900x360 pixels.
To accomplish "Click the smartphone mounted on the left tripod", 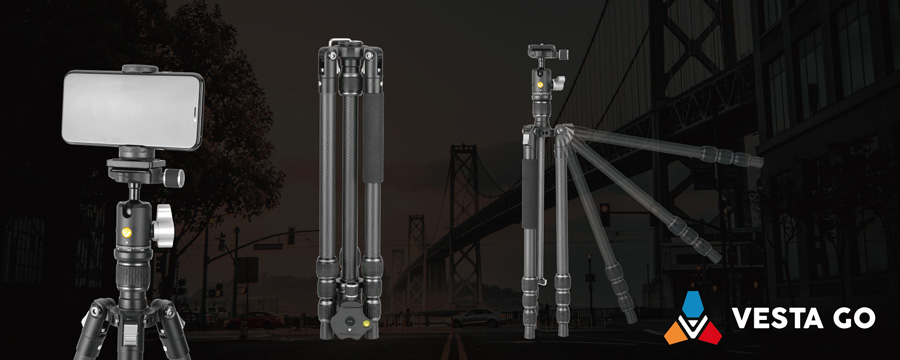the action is (133, 109).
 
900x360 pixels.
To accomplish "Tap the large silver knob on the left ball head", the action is (164, 226).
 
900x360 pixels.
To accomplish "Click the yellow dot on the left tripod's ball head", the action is (126, 234).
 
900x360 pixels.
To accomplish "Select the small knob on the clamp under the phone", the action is (172, 178).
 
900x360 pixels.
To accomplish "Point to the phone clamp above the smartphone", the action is (139, 69).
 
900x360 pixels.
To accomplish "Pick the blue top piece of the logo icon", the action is (692, 302).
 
